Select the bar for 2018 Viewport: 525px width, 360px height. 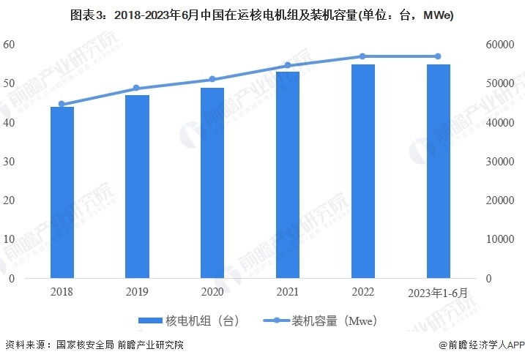point(62,192)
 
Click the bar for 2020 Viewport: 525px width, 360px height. point(212,183)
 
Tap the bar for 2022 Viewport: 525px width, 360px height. point(362,171)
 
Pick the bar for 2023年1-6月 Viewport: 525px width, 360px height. point(438,171)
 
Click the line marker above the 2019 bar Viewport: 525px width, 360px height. point(137,89)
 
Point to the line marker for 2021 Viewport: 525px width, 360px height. point(287,65)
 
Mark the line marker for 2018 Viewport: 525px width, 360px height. point(62,104)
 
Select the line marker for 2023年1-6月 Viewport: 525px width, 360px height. point(438,56)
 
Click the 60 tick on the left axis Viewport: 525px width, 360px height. point(9,44)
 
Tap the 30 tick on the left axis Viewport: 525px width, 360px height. point(9,161)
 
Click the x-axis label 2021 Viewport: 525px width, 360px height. point(287,292)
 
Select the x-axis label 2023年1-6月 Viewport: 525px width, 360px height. point(438,293)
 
